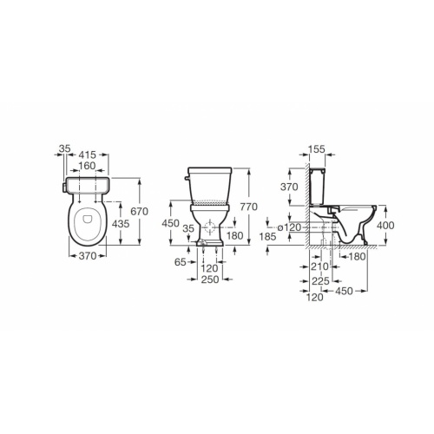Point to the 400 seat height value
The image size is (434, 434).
[x=388, y=225]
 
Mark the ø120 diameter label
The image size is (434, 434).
[x=292, y=226]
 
